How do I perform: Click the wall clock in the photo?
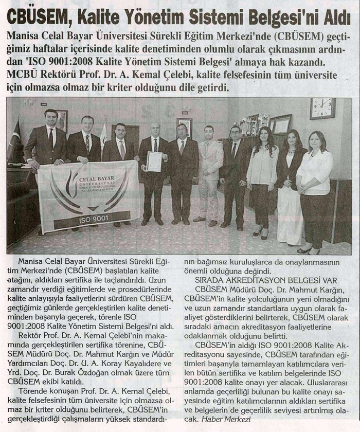322,109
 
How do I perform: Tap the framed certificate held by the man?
154,161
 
